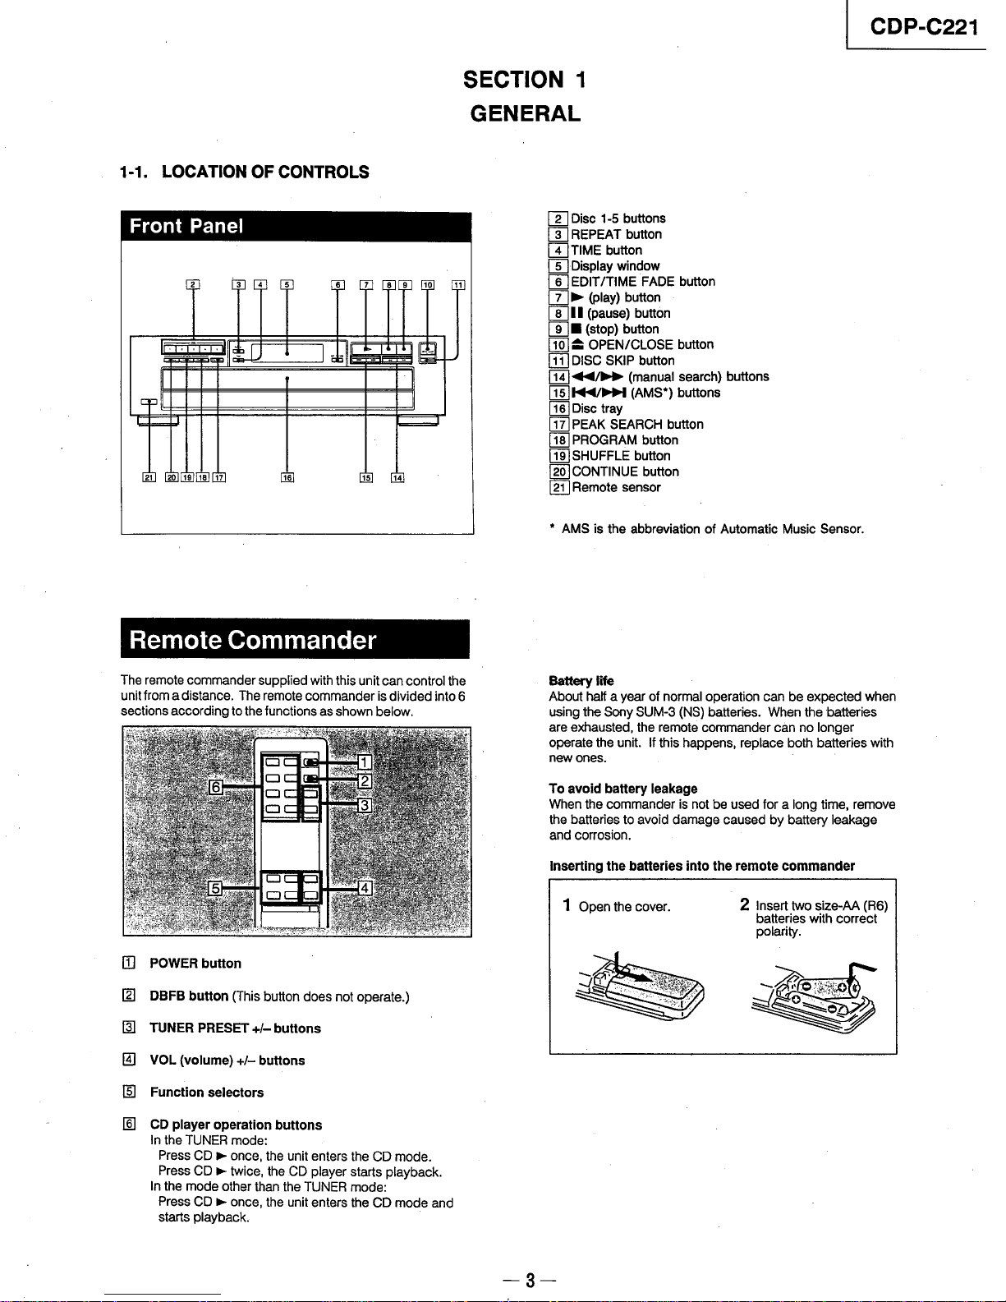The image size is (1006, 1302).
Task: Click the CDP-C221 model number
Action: coord(924,27)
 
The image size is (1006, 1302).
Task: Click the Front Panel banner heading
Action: coord(186,226)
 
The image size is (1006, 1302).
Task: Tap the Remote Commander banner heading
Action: coord(253,640)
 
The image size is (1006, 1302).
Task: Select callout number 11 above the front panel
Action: coord(458,286)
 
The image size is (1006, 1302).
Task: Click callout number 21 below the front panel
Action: coord(149,478)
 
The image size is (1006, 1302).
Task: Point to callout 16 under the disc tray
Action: coord(287,478)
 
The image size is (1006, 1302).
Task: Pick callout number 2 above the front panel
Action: coord(193,286)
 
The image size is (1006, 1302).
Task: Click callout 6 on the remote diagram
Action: coord(217,787)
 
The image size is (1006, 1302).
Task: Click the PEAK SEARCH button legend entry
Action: coord(637,425)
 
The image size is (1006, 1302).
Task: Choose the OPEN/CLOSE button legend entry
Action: coord(642,345)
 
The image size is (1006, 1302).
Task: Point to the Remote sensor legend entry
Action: coord(616,488)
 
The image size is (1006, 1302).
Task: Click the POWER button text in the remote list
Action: coord(195,964)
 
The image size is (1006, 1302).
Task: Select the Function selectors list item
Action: coord(207,1093)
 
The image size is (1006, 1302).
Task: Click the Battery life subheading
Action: coord(581,681)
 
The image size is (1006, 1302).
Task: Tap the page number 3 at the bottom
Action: coord(531,1280)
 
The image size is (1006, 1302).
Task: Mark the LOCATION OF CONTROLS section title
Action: coord(264,173)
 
